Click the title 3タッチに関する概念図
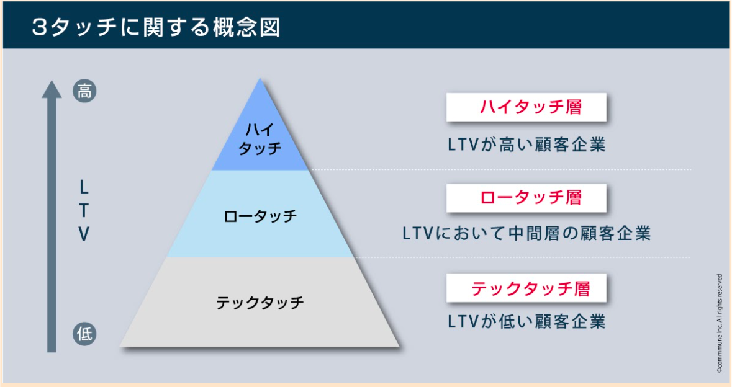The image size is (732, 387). tap(156, 27)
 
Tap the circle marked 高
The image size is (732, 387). tap(84, 91)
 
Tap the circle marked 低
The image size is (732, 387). tap(84, 334)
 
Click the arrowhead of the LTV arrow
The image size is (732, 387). tap(52, 89)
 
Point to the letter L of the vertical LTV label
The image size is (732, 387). tap(84, 188)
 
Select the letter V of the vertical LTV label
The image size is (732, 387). tap(84, 234)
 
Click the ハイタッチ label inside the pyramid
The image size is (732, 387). tap(260, 139)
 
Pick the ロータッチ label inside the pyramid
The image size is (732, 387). tap(260, 216)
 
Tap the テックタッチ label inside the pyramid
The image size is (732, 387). tap(260, 303)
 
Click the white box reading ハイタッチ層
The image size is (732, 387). tap(526, 107)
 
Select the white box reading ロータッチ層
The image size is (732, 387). tap(526, 198)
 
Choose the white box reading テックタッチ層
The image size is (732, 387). tap(526, 288)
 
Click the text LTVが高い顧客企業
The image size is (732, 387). tap(526, 145)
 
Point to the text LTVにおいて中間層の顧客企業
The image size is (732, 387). tap(526, 233)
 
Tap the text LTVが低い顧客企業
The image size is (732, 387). tap(526, 321)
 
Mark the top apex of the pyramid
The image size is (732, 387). tap(260, 78)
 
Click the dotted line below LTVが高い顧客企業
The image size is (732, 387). tap(501, 169)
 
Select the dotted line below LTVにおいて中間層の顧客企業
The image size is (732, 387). tap(522, 257)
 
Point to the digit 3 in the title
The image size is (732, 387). tap(40, 28)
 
